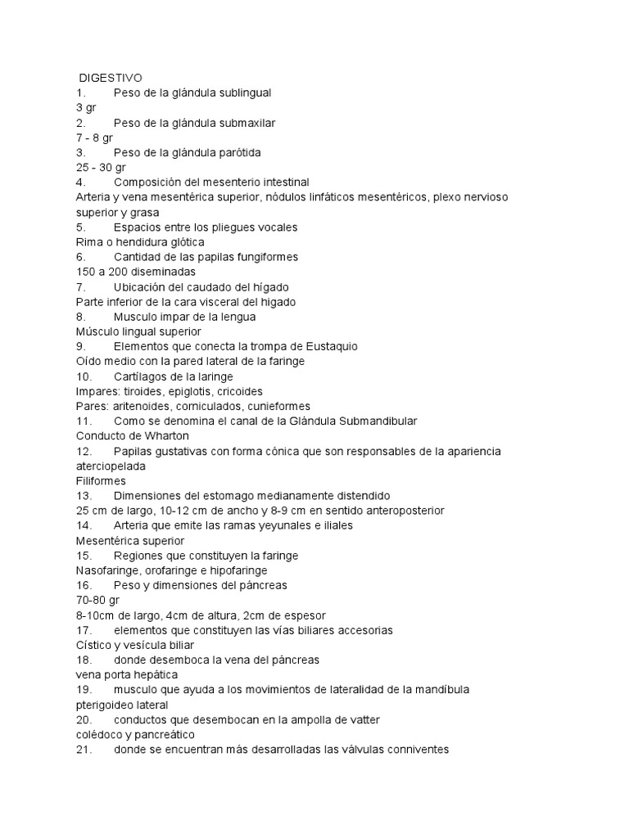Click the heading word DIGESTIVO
click(x=111, y=78)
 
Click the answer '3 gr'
click(x=86, y=107)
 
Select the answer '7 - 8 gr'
click(x=94, y=137)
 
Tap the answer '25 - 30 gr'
click(x=101, y=167)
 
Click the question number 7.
click(x=80, y=286)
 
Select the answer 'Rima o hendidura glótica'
click(x=139, y=241)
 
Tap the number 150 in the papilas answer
click(x=85, y=272)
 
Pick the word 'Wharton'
click(x=162, y=435)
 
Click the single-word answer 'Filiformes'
click(x=101, y=480)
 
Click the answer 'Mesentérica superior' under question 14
click(x=130, y=540)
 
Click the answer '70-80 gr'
click(x=97, y=600)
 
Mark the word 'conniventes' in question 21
click(x=414, y=749)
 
